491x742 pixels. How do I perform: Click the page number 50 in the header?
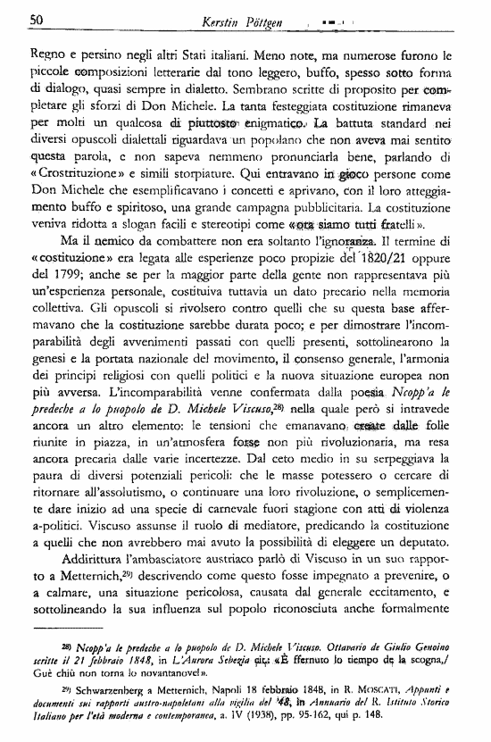tap(37, 19)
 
